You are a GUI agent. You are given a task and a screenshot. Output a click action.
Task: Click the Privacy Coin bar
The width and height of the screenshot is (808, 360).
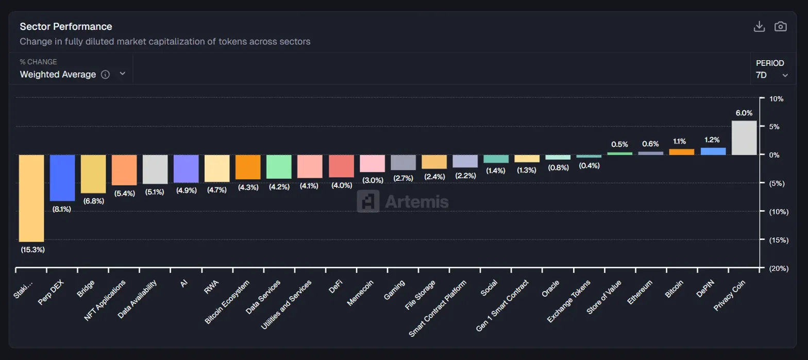744,138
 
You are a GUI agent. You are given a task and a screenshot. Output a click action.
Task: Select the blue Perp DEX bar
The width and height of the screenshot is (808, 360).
62,178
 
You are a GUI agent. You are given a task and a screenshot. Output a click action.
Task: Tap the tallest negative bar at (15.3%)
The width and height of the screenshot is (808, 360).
31,198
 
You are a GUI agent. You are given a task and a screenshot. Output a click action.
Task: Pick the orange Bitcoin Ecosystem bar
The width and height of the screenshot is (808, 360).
248,167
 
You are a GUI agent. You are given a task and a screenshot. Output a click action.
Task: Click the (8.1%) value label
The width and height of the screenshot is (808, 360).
62,209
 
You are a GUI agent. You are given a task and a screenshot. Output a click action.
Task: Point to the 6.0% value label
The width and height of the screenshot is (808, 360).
744,113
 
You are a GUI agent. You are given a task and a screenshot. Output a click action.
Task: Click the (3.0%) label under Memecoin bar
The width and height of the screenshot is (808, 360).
372,180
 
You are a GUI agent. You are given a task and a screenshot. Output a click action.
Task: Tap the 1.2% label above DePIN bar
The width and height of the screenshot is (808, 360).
713,140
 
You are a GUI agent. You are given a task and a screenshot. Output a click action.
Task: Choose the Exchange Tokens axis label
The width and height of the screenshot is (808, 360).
570,301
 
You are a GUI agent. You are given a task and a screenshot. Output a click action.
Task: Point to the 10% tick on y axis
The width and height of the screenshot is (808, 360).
776,98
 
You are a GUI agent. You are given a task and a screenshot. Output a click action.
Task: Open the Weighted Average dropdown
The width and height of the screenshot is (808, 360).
72,74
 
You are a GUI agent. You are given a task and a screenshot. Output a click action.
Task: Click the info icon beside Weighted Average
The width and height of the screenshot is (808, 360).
105,74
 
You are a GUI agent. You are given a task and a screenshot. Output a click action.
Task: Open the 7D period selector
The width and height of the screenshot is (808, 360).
771,75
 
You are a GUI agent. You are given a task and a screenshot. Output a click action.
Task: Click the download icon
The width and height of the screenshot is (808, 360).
759,27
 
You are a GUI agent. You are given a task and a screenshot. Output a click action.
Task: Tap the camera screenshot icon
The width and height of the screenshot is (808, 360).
781,27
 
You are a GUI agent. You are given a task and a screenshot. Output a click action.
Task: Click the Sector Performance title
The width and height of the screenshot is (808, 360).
66,26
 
